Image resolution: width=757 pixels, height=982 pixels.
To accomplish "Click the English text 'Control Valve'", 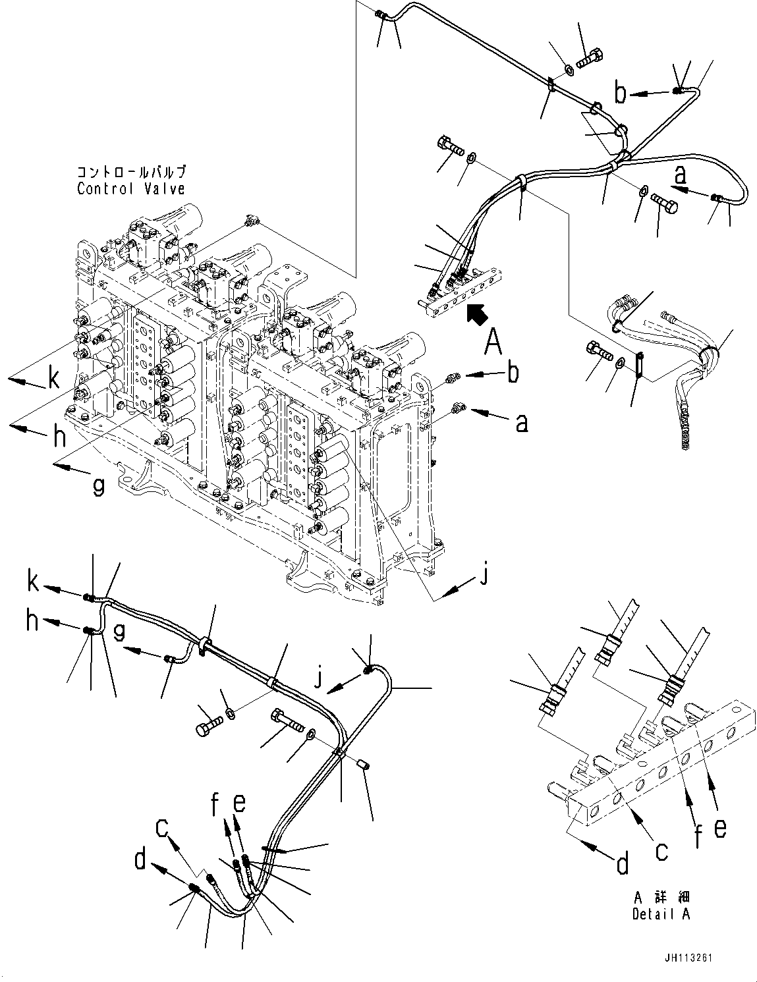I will [x=130, y=188].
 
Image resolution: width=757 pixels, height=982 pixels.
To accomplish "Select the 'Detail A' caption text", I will [x=661, y=914].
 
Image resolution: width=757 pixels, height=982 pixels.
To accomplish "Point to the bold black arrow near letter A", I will [x=476, y=314].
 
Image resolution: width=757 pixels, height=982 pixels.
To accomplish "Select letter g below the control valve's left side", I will [x=98, y=486].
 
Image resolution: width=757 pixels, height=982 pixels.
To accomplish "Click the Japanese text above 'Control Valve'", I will [x=130, y=172].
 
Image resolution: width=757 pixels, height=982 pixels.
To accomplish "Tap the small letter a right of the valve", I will [x=521, y=423].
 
